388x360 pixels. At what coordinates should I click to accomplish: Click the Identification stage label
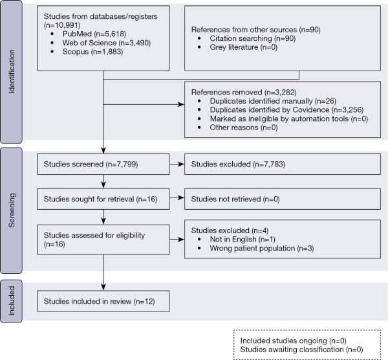click(x=12, y=71)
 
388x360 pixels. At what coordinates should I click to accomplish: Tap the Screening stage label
click(x=12, y=210)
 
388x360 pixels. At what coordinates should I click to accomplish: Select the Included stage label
click(x=12, y=301)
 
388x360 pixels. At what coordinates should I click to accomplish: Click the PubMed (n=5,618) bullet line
click(x=94, y=34)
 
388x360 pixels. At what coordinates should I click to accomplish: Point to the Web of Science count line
click(x=107, y=43)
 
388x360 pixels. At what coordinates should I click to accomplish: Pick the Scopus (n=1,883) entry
click(x=92, y=52)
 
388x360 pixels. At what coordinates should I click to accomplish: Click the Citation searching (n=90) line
click(x=253, y=38)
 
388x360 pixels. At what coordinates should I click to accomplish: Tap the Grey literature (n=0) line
click(x=244, y=47)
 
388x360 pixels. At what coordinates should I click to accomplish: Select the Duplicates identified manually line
click(x=273, y=101)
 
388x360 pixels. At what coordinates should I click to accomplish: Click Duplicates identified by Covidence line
click(x=286, y=110)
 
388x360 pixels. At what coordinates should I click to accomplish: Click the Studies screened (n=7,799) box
click(x=103, y=164)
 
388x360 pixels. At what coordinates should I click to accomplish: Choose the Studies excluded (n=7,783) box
click(x=283, y=164)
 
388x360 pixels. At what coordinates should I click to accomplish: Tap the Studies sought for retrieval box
click(x=103, y=199)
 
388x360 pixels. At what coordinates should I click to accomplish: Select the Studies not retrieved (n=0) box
click(x=283, y=199)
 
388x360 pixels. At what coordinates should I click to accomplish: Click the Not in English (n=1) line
click(x=242, y=240)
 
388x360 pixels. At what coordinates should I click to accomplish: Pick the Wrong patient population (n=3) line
click(x=262, y=248)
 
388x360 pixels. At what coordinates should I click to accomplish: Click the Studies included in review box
click(x=103, y=301)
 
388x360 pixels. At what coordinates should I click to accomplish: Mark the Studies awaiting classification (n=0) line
click(x=301, y=350)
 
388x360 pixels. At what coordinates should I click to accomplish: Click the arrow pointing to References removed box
click(x=144, y=104)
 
